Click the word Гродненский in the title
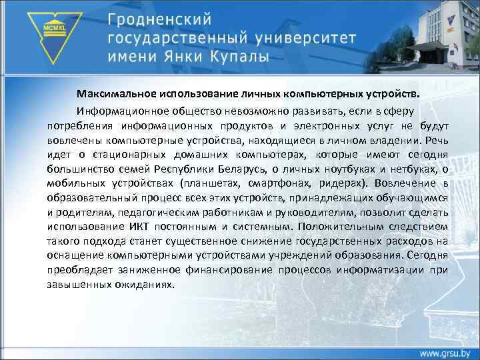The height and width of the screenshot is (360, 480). (x=163, y=19)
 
